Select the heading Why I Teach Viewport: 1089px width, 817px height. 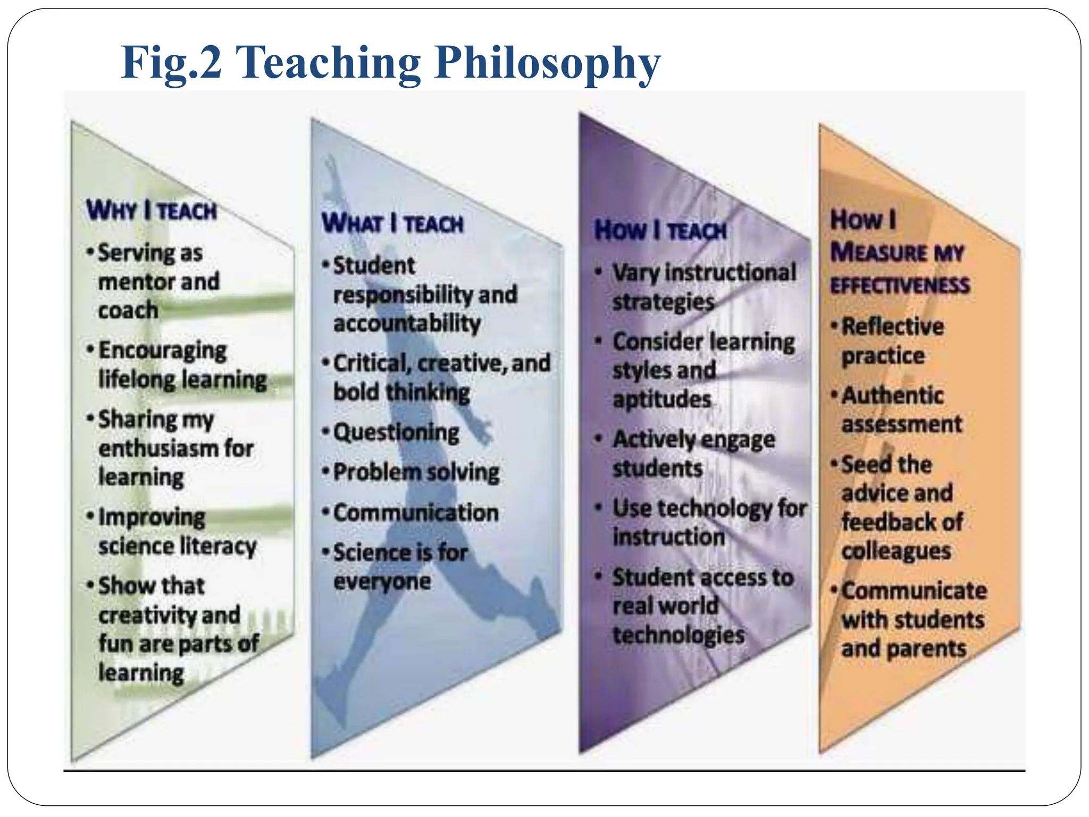152,210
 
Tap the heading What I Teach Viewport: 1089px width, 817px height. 392,223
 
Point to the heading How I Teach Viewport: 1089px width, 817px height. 660,230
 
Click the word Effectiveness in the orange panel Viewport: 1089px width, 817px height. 900,286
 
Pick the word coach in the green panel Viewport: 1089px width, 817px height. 128,310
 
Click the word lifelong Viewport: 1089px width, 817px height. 137,379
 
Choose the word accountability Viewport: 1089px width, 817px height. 407,323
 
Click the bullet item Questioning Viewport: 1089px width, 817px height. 396,432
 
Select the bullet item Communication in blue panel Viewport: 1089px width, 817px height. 415,513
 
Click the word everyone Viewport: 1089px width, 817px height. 382,581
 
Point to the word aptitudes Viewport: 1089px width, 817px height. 661,399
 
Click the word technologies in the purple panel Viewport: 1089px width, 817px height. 678,635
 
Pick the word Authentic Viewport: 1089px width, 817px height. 892,395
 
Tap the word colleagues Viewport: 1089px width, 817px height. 896,551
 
